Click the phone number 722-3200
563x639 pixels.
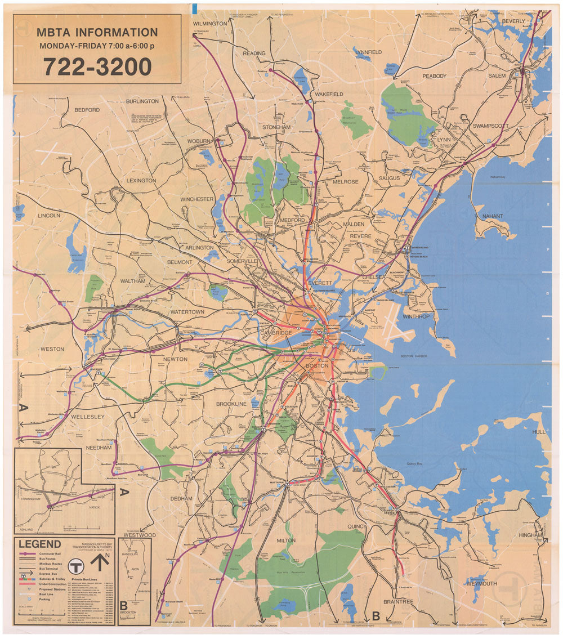(x=97, y=68)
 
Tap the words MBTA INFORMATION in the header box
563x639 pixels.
(x=97, y=33)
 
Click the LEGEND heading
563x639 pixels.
(x=40, y=544)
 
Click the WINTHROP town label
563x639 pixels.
(x=415, y=316)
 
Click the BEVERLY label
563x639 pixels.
(x=513, y=21)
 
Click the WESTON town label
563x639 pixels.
(x=52, y=349)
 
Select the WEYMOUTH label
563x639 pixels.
(x=481, y=584)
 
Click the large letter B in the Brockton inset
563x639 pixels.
(x=123, y=606)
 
